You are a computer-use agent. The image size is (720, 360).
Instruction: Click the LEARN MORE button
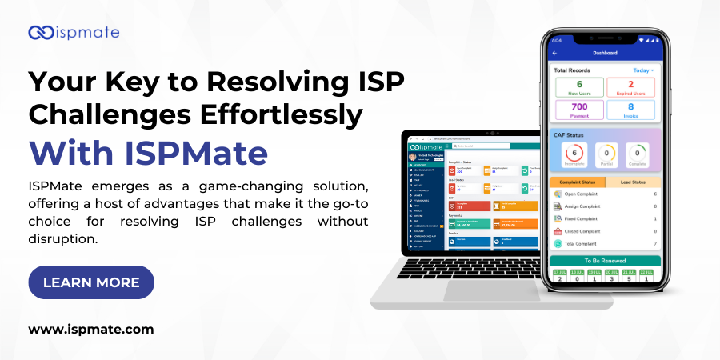click(91, 282)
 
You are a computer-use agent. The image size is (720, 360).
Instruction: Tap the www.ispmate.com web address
click(91, 329)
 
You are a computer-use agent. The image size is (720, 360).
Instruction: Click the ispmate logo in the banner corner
click(74, 33)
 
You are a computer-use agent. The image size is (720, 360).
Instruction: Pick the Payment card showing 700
click(578, 110)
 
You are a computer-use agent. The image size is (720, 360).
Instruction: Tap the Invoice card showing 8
click(630, 110)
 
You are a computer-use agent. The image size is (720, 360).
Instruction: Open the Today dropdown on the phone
click(643, 70)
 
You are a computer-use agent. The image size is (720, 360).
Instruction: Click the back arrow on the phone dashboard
click(555, 53)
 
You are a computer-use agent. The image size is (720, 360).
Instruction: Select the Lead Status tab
click(634, 182)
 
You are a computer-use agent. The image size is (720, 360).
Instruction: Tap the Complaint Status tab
click(579, 182)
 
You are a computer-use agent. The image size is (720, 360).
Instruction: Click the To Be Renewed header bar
click(606, 261)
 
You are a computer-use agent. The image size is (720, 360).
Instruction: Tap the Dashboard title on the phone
click(605, 53)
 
